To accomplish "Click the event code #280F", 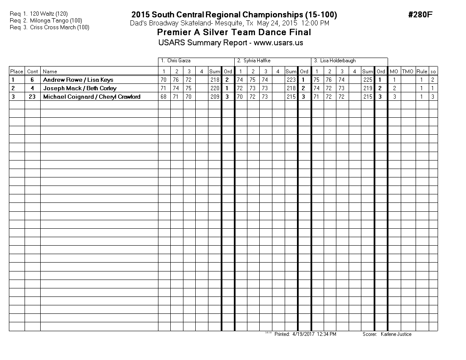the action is [420, 15].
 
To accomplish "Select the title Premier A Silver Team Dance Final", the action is [234, 33].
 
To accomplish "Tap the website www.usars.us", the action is [278, 43].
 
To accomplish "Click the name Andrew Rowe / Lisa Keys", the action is [78, 80].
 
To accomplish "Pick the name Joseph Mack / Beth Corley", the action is [80, 88].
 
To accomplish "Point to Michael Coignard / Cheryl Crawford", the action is [92, 97].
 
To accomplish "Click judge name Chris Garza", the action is [179, 61].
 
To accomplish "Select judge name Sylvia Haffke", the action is [257, 61].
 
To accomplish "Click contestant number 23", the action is [32, 97].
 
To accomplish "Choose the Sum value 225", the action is [368, 80].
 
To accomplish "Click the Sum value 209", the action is [215, 97].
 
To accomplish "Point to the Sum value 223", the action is [291, 80].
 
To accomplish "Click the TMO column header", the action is [408, 72].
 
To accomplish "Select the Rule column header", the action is [422, 72].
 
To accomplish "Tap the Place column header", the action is [17, 72].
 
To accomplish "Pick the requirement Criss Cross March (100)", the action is [60, 28].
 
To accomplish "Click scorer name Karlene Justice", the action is [396, 334].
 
